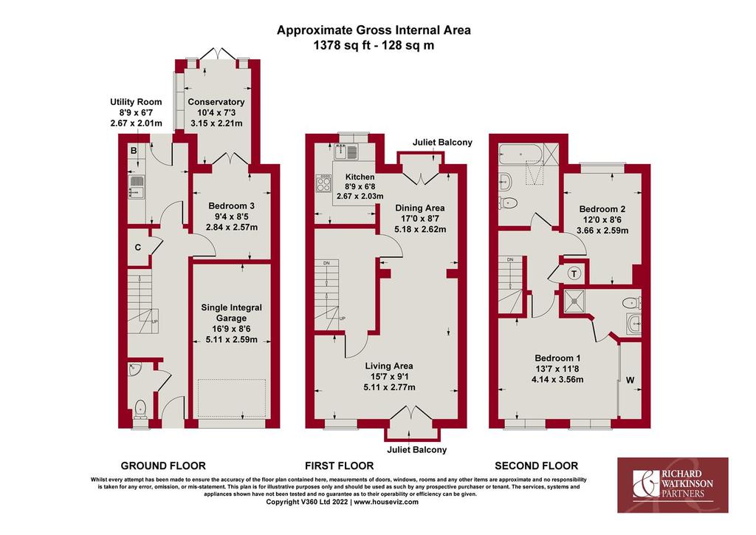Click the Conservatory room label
point(216,102)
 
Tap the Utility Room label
point(136,102)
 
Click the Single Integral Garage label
point(231,313)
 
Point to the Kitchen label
point(360,177)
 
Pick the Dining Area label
point(420,208)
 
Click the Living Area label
point(389,366)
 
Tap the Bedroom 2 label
point(602,209)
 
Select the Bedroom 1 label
point(557,358)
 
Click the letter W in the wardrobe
point(630,380)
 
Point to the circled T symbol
point(574,274)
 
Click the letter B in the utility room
point(134,151)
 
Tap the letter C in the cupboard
point(138,248)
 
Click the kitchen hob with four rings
point(323,183)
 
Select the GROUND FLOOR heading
point(163,466)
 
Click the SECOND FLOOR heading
point(536,466)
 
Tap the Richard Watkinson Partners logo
point(673,485)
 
